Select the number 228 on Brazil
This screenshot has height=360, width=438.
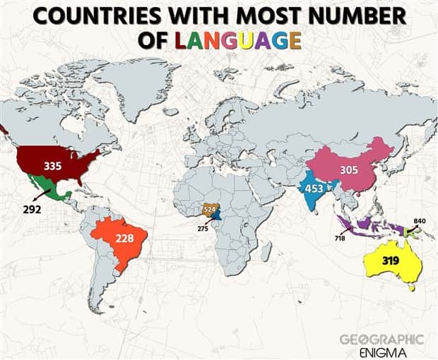pos(124,239)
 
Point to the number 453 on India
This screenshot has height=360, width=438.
pos(314,188)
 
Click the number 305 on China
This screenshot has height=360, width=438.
pos(349,170)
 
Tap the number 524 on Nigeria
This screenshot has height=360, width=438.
pos(209,210)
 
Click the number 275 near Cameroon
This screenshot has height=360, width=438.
pos(203,229)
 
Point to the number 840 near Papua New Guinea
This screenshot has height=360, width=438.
pos(420,221)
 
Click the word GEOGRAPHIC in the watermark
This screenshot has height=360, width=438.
pos(381,340)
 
